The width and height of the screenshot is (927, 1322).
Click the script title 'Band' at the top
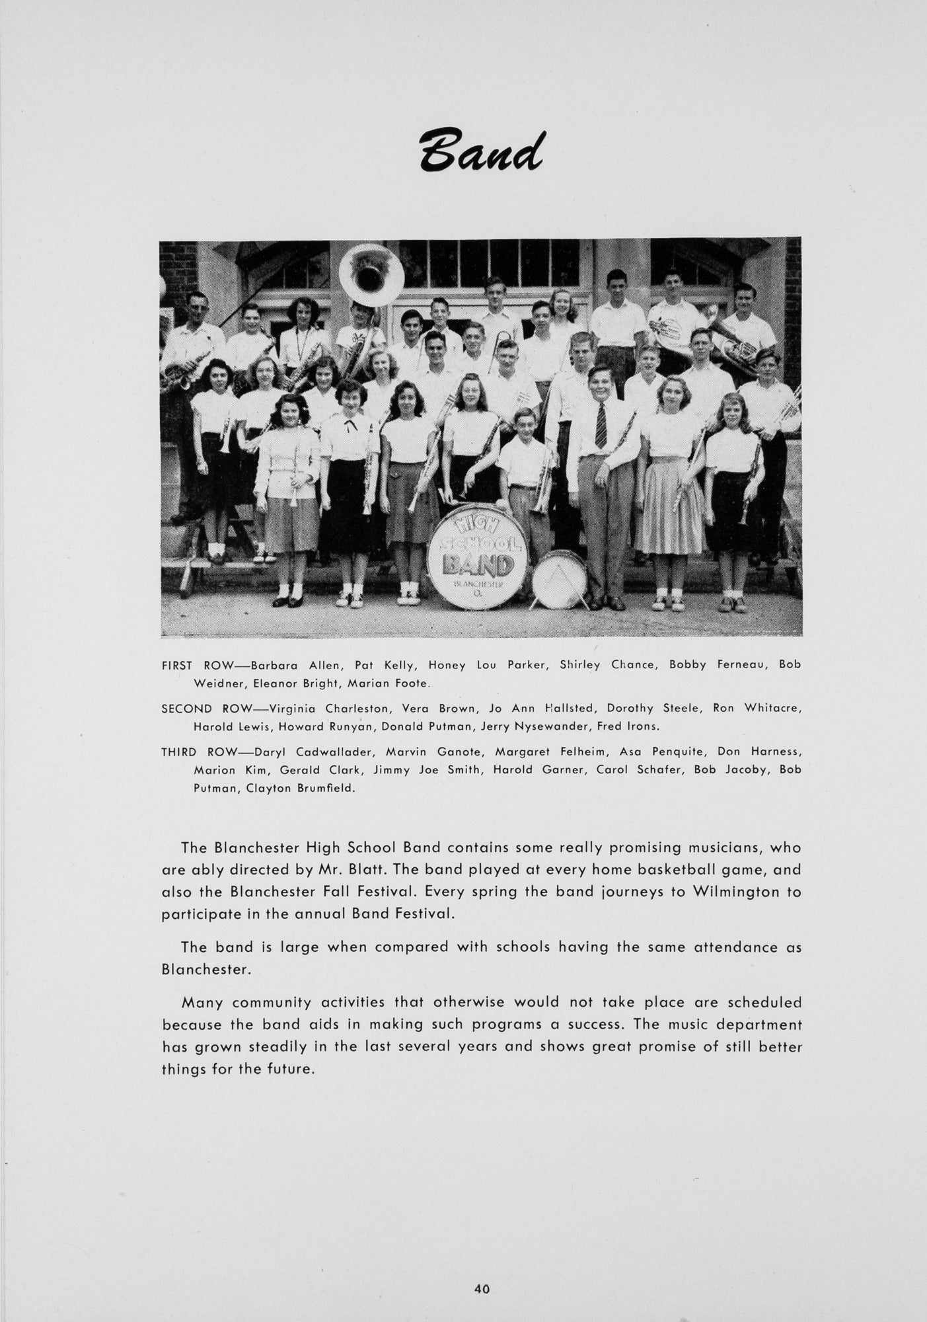480,149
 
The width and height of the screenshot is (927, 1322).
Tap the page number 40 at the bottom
482,1288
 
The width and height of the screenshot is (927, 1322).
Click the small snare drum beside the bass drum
559,580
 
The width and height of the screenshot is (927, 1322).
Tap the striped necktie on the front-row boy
601,426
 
